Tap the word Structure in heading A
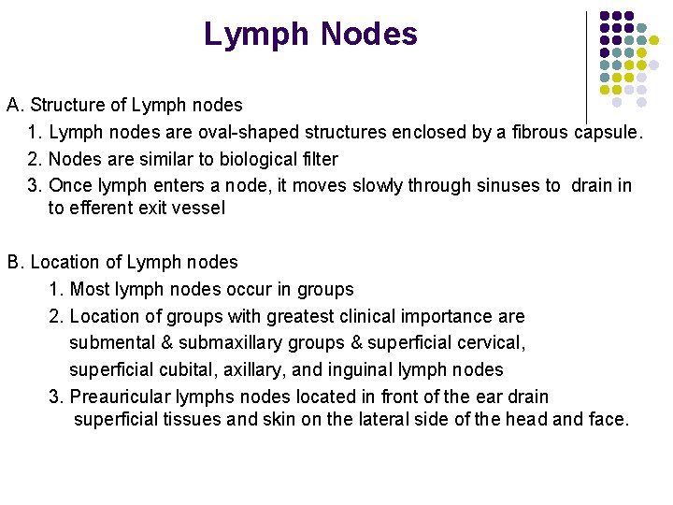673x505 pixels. point(64,106)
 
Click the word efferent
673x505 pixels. point(101,209)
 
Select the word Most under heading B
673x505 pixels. point(89,290)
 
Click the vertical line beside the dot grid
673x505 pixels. point(586,65)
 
